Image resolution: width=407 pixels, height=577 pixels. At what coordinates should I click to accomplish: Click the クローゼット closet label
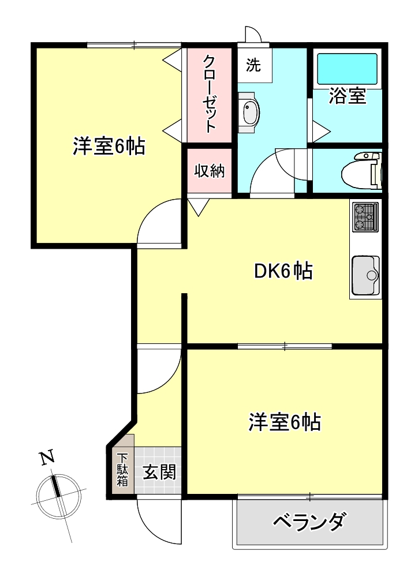pyautogui.click(x=210, y=94)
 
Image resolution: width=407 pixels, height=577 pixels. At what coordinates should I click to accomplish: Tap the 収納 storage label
pyautogui.click(x=209, y=171)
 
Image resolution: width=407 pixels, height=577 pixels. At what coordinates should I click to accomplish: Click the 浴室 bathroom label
pyautogui.click(x=348, y=96)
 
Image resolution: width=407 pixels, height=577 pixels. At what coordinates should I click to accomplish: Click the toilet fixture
pyautogui.click(x=360, y=171)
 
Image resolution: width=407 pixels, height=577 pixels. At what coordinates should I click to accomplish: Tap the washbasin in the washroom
pyautogui.click(x=249, y=113)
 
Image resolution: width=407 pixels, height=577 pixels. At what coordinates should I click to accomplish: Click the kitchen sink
pyautogui.click(x=365, y=275)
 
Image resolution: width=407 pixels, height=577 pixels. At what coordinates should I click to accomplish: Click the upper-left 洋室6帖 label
pyautogui.click(x=109, y=147)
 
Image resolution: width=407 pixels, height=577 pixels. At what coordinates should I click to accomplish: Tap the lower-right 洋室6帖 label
pyautogui.click(x=285, y=422)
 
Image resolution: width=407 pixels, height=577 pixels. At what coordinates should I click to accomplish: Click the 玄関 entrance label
pyautogui.click(x=159, y=472)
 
